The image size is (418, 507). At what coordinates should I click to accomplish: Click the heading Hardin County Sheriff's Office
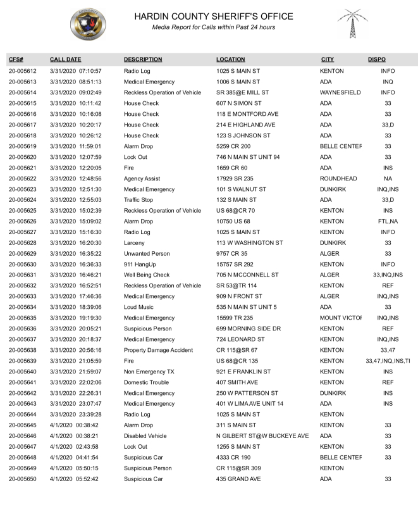(x=214, y=16)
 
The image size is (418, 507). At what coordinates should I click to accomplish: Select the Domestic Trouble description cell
(x=146, y=382)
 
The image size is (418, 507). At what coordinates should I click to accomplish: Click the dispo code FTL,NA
(x=388, y=222)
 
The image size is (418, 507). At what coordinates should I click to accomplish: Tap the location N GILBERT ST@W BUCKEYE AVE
(x=262, y=436)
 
